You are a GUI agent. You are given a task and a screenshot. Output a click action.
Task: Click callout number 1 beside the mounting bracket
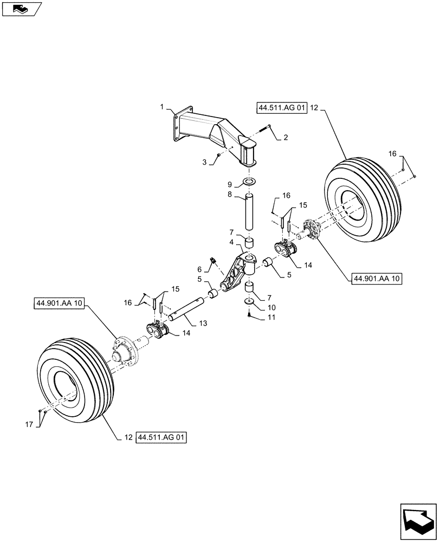click(161, 108)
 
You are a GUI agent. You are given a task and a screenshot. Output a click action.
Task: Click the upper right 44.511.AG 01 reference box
click(282, 108)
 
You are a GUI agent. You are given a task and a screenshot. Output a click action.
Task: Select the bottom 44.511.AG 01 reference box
click(161, 437)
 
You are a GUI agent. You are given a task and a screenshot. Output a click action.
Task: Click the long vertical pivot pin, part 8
click(249, 214)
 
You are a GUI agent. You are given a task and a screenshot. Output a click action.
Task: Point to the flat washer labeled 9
click(249, 180)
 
